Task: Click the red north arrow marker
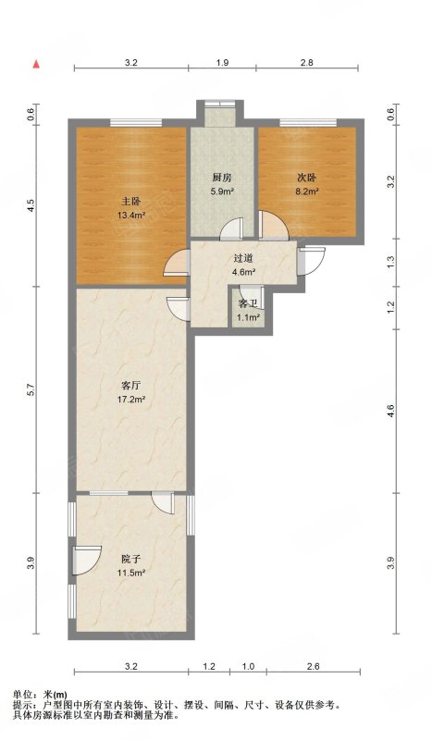[x=36, y=64]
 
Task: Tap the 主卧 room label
[x=130, y=201]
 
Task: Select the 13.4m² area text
[x=130, y=216]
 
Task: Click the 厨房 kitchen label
[x=221, y=177]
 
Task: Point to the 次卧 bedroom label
[x=307, y=177]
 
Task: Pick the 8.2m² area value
[x=307, y=192]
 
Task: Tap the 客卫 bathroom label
[x=248, y=303]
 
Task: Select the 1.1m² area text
[x=248, y=317]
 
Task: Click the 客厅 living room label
[x=130, y=384]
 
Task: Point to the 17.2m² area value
[x=130, y=400]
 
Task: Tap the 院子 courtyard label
[x=130, y=559]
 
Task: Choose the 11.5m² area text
[x=130, y=573]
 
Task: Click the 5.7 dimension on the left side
[x=31, y=391]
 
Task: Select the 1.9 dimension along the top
[x=222, y=63]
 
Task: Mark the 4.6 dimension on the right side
[x=391, y=408]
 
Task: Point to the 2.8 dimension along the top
[x=307, y=63]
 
